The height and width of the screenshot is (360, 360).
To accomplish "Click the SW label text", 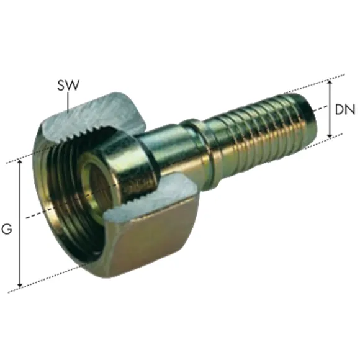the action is tap(68, 85).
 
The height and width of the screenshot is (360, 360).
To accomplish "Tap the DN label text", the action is tap(345, 109).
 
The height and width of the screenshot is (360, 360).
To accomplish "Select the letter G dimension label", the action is tap(7, 229).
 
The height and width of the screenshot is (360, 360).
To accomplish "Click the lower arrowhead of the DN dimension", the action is tap(330, 135).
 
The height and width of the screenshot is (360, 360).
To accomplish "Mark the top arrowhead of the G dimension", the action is tap(20, 163).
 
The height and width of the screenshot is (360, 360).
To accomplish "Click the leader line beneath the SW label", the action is tap(68, 102).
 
